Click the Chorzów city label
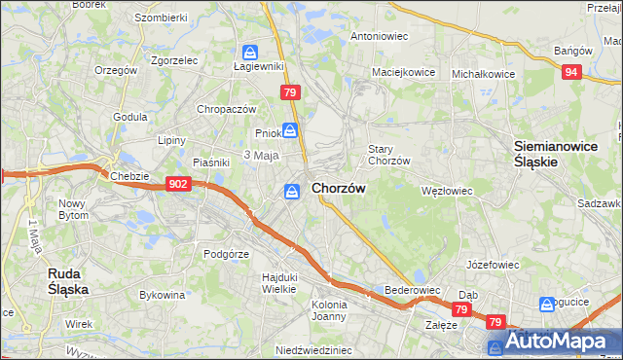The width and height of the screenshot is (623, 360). point(339,189)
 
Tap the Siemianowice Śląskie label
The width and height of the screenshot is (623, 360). point(548,154)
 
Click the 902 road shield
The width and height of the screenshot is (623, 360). point(177,184)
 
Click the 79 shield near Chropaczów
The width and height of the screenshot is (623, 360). point(289,92)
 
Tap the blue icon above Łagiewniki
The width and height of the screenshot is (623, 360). point(250,52)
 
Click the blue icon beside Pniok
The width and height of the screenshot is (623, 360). point(291,130)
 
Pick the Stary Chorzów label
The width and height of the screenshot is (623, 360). point(387,155)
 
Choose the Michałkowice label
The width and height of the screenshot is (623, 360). point(484,73)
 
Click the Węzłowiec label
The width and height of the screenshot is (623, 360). point(446,191)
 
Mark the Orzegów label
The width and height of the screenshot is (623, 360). point(116,70)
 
